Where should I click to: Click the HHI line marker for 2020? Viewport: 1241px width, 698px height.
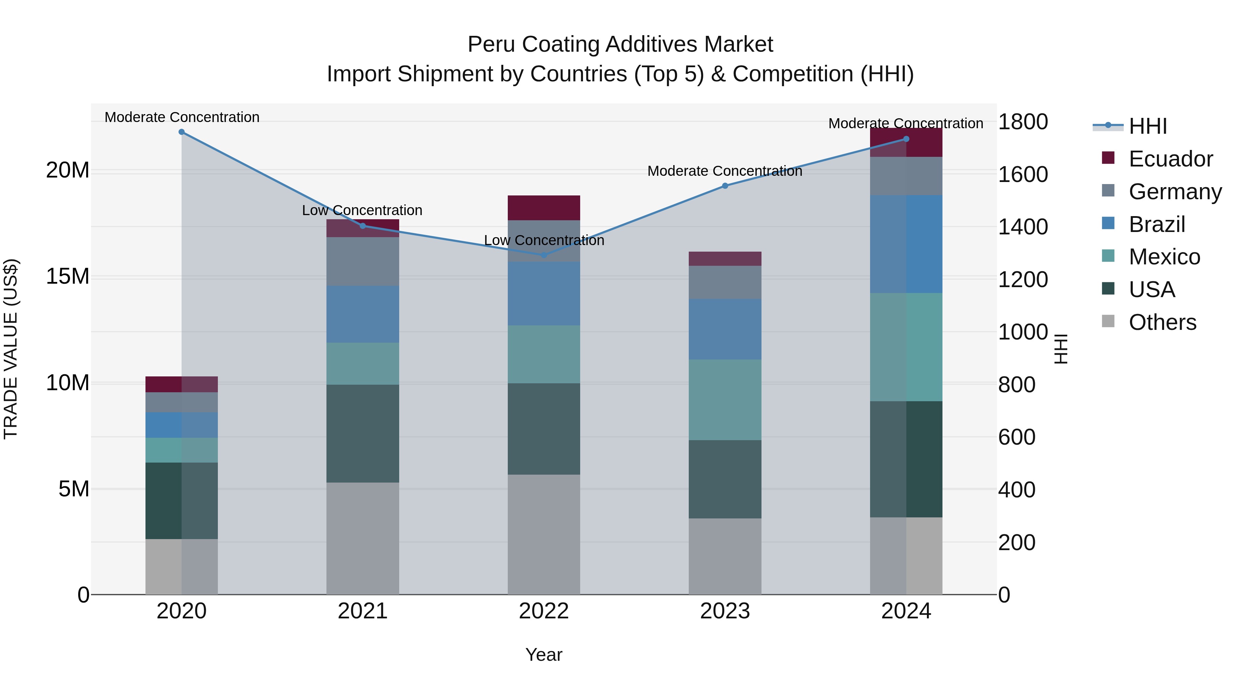[x=182, y=132]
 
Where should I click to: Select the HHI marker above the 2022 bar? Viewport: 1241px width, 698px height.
[x=544, y=255]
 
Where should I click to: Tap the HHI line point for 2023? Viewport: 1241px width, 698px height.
[x=725, y=185]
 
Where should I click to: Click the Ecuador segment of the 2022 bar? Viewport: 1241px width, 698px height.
[x=544, y=208]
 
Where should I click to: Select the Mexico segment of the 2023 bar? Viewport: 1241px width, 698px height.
[x=725, y=399]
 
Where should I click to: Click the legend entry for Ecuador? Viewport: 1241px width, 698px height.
[x=1170, y=159]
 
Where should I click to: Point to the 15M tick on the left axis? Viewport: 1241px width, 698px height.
[x=68, y=276]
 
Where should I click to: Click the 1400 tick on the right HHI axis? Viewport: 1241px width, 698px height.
[x=1022, y=227]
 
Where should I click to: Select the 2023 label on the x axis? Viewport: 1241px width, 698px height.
[x=725, y=611]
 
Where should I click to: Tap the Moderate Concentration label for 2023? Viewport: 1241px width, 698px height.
[x=725, y=171]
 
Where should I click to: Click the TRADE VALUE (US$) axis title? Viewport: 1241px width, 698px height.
[x=11, y=349]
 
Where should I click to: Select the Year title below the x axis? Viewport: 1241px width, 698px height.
[x=544, y=655]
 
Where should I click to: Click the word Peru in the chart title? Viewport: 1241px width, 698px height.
[x=491, y=44]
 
